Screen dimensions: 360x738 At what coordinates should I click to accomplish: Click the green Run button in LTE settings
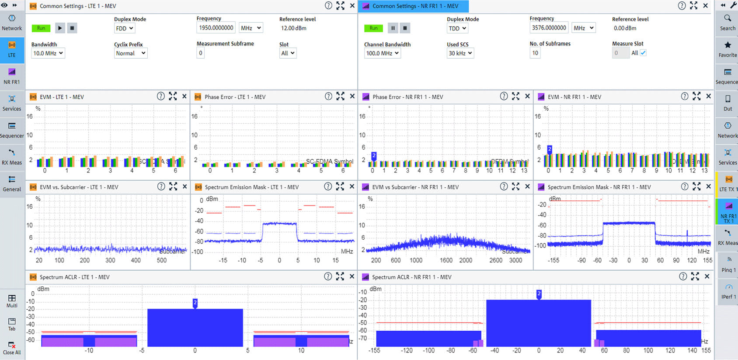click(x=41, y=28)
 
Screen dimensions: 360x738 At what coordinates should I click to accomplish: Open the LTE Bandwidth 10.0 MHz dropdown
click(x=48, y=53)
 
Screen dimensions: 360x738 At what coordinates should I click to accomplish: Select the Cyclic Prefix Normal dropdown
click(x=130, y=53)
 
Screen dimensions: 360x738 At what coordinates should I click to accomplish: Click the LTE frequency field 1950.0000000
click(x=216, y=28)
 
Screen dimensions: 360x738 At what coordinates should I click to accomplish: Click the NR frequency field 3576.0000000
click(x=549, y=28)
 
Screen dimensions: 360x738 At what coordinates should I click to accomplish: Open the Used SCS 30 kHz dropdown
click(x=460, y=53)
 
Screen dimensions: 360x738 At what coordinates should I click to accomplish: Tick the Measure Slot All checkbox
click(x=643, y=53)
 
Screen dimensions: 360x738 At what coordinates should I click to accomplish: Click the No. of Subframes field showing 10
click(x=535, y=53)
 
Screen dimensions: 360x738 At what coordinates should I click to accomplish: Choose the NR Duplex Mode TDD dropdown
click(x=457, y=28)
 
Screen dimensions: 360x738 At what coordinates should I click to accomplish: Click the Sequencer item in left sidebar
click(x=12, y=130)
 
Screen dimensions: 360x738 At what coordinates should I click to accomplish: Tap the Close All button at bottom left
click(x=12, y=348)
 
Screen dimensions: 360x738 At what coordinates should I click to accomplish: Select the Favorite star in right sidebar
click(x=728, y=49)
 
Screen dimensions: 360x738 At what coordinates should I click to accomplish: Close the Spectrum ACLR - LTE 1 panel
click(x=352, y=276)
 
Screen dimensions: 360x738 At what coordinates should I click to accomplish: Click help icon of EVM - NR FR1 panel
click(x=685, y=96)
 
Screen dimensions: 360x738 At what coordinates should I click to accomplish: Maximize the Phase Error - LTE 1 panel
click(x=340, y=96)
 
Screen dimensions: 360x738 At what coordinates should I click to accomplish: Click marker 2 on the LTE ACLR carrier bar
click(x=195, y=303)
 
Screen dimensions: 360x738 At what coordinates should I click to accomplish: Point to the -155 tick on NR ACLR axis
click(x=374, y=350)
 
